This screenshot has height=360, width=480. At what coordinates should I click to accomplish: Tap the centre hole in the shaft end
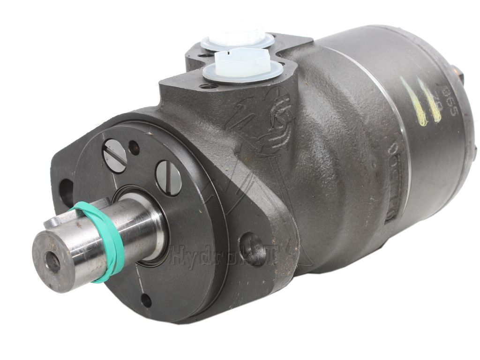click(52, 262)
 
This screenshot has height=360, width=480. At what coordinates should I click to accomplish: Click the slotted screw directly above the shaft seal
click(168, 177)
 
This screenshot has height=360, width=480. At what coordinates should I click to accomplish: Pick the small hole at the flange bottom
click(146, 300)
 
